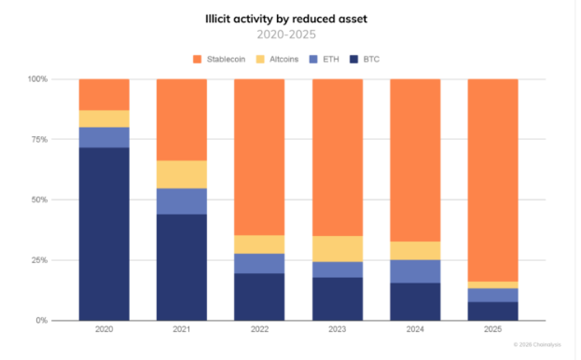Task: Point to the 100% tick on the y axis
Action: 36,79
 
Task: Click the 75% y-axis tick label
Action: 38,140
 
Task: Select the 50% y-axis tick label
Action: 38,200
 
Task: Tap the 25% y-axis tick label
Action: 38,260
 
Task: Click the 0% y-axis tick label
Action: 41,320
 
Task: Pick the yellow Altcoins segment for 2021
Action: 181,174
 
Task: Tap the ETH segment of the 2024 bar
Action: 414,271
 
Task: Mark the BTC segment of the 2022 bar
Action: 259,297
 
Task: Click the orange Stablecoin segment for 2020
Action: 104,94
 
